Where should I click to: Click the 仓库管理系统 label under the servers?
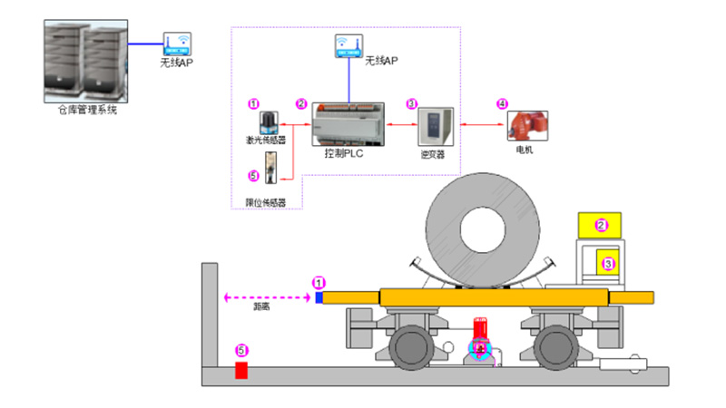(x=86, y=111)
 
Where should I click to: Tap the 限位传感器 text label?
(x=266, y=203)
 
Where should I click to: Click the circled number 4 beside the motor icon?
(x=502, y=103)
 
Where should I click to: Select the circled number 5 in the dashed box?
(x=253, y=176)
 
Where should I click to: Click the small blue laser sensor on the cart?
(x=319, y=296)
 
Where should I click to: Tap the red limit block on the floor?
(x=241, y=370)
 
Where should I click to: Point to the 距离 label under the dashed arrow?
(x=260, y=308)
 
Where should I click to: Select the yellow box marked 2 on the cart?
(x=600, y=224)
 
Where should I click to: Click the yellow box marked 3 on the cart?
(x=609, y=264)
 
